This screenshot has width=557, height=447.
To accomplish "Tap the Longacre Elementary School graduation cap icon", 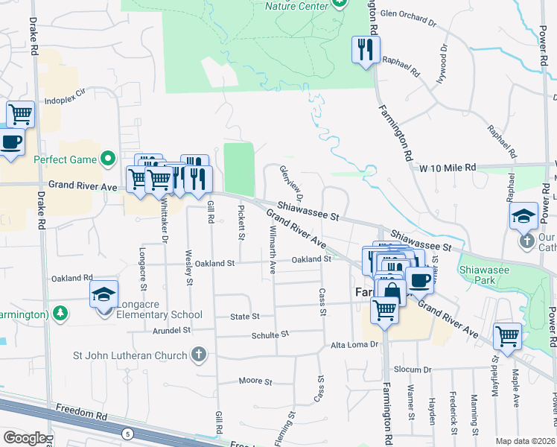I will pyautogui.click(x=104, y=294).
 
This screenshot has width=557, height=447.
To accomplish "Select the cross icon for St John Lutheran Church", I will pyautogui.click(x=198, y=355).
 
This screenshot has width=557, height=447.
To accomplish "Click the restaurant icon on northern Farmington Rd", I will pyautogui.click(x=365, y=50).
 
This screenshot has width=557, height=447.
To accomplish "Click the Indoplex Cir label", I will pyautogui.click(x=66, y=98).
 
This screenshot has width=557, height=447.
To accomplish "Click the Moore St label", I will pyautogui.click(x=255, y=381).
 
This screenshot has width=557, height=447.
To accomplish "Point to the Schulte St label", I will pyautogui.click(x=270, y=335).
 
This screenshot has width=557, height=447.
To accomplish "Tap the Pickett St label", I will pyautogui.click(x=241, y=222).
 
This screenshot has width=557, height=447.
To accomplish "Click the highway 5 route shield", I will pyautogui.click(x=128, y=433).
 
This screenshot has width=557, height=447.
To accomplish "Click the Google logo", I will pyautogui.click(x=25, y=438).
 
